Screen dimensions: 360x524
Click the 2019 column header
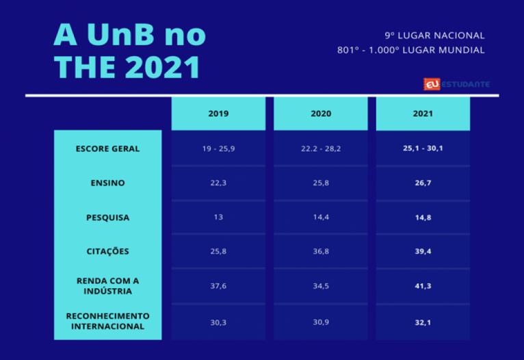[x=218, y=114]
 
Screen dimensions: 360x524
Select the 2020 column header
[x=321, y=114]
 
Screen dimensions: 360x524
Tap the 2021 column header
[x=423, y=114]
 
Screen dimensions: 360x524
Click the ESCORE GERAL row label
[x=108, y=149]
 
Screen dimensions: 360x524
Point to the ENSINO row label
[x=108, y=183]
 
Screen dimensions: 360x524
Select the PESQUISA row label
[x=108, y=218]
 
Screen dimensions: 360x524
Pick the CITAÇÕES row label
[x=108, y=252]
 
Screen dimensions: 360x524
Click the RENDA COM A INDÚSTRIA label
[x=108, y=286]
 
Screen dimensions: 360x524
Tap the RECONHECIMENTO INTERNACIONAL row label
[x=108, y=321]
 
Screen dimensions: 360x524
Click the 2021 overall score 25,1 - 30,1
[x=423, y=149]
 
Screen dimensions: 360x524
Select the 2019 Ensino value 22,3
[x=218, y=183]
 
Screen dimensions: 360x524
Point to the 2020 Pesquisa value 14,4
[x=321, y=218]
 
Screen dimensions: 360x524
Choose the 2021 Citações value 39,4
[x=423, y=252]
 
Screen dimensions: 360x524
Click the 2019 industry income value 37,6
[x=218, y=286]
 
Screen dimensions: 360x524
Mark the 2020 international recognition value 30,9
[x=321, y=321]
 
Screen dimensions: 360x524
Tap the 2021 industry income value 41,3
[x=423, y=286]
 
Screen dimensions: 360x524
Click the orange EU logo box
[x=432, y=84]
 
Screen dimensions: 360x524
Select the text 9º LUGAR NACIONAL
[x=435, y=36]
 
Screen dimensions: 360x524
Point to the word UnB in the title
[x=127, y=34]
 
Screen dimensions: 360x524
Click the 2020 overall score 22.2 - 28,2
[x=321, y=149]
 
